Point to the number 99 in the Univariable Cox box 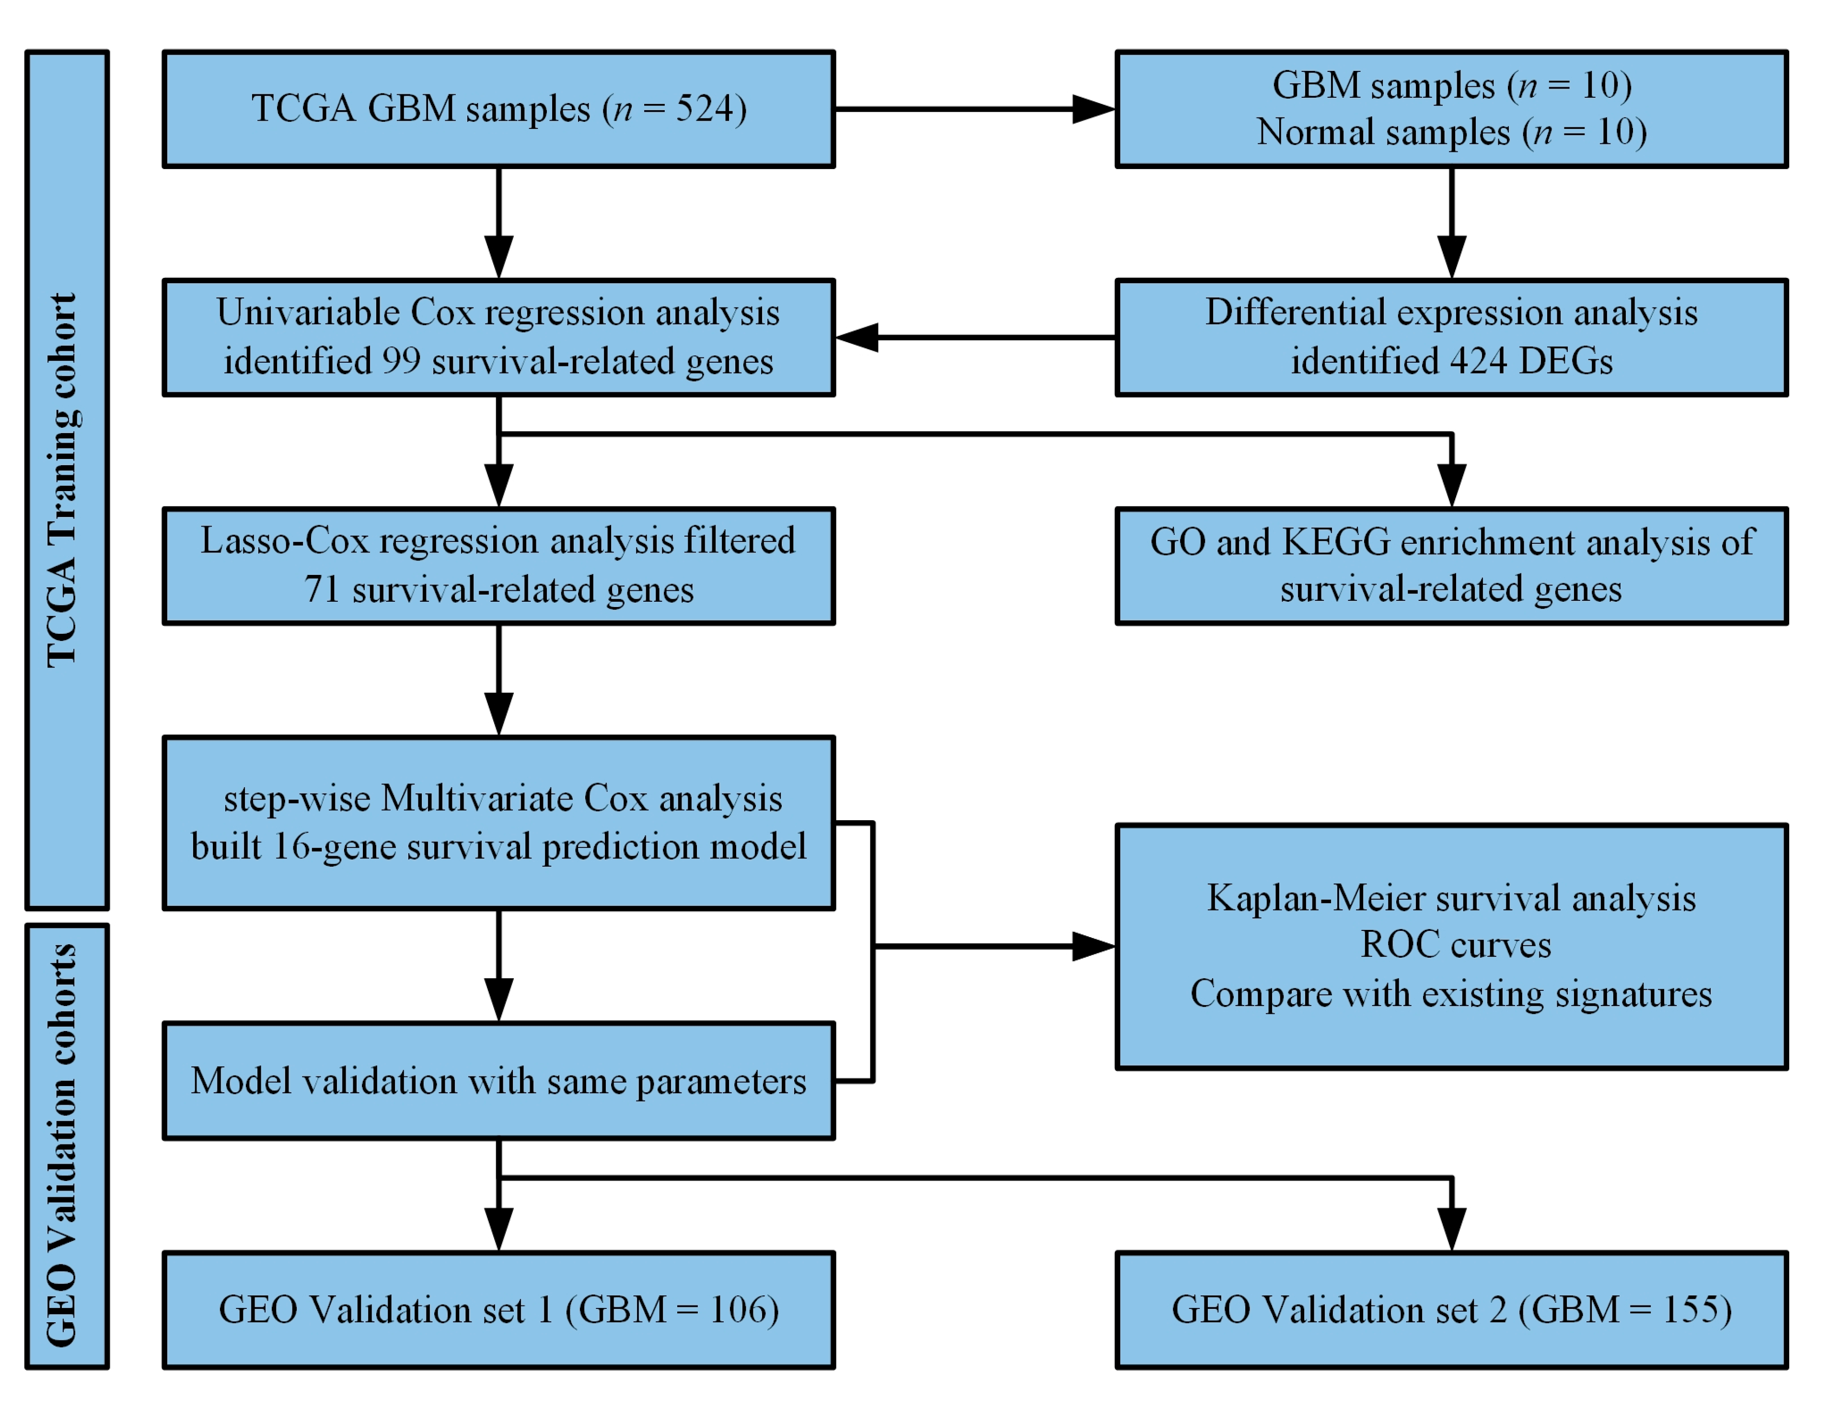click(402, 362)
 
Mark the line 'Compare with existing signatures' click(1451, 994)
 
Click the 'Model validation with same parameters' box click(498, 1081)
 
